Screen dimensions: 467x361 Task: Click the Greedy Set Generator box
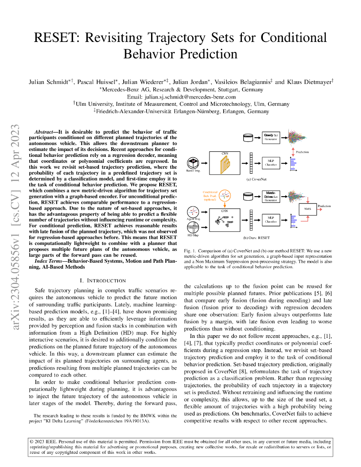(270, 137)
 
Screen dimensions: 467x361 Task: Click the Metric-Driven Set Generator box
(270, 196)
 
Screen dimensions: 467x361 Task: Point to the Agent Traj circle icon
(193, 212)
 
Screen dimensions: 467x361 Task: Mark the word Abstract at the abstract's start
(46, 131)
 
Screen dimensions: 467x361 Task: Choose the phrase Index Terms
(49, 260)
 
